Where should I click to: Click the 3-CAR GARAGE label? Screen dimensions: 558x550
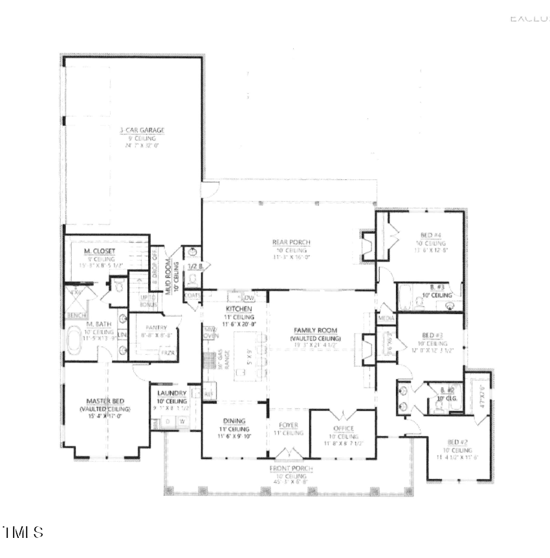[x=142, y=130]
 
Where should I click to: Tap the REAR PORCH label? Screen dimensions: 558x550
[x=291, y=243]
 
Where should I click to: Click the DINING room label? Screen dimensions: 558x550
[x=234, y=420]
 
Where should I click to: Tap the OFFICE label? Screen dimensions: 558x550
[x=343, y=429]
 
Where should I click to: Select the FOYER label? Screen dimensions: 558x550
[x=289, y=425]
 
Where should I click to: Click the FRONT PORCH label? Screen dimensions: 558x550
[x=291, y=468]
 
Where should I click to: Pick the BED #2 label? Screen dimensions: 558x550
[x=457, y=441]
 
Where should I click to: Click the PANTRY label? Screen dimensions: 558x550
[x=157, y=328]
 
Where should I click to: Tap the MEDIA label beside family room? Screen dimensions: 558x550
[x=386, y=318]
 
